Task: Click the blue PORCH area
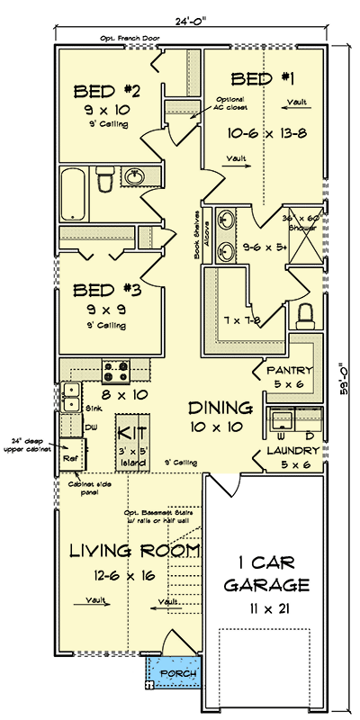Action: pyautogui.click(x=173, y=672)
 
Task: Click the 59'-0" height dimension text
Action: pyautogui.click(x=343, y=378)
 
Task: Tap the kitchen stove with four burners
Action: pyautogui.click(x=117, y=368)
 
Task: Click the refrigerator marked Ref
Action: pyautogui.click(x=70, y=456)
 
